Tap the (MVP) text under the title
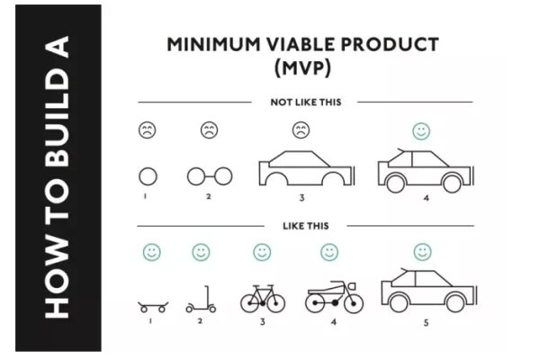[302, 67]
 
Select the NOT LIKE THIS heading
[306, 103]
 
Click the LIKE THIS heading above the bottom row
[306, 226]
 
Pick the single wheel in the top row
[139, 176]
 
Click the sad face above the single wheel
[148, 130]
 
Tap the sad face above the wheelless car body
[301, 130]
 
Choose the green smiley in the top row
[421, 131]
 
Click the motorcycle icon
[334, 297]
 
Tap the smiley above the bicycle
[262, 252]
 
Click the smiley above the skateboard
[152, 252]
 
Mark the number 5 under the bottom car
[426, 323]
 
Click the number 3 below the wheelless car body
[301, 198]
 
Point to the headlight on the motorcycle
[352, 285]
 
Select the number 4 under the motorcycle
[333, 322]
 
